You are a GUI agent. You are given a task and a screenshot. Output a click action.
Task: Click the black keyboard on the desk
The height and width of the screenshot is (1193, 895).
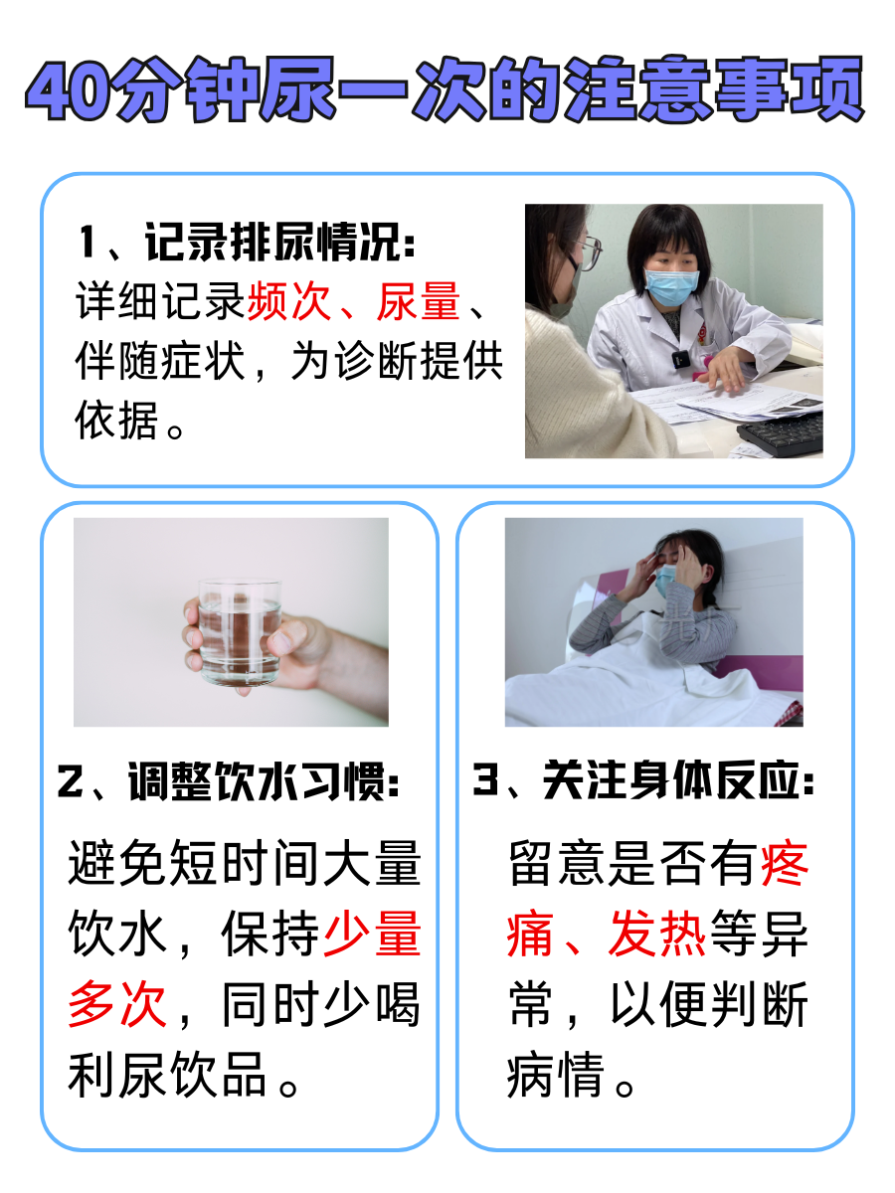tap(783, 430)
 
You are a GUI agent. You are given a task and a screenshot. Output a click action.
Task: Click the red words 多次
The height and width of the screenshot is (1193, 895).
tap(117, 1006)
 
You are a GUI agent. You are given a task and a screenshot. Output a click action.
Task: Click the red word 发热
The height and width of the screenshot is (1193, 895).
tap(656, 937)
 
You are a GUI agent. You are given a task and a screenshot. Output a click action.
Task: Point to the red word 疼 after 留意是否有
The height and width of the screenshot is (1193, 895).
tap(786, 865)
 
